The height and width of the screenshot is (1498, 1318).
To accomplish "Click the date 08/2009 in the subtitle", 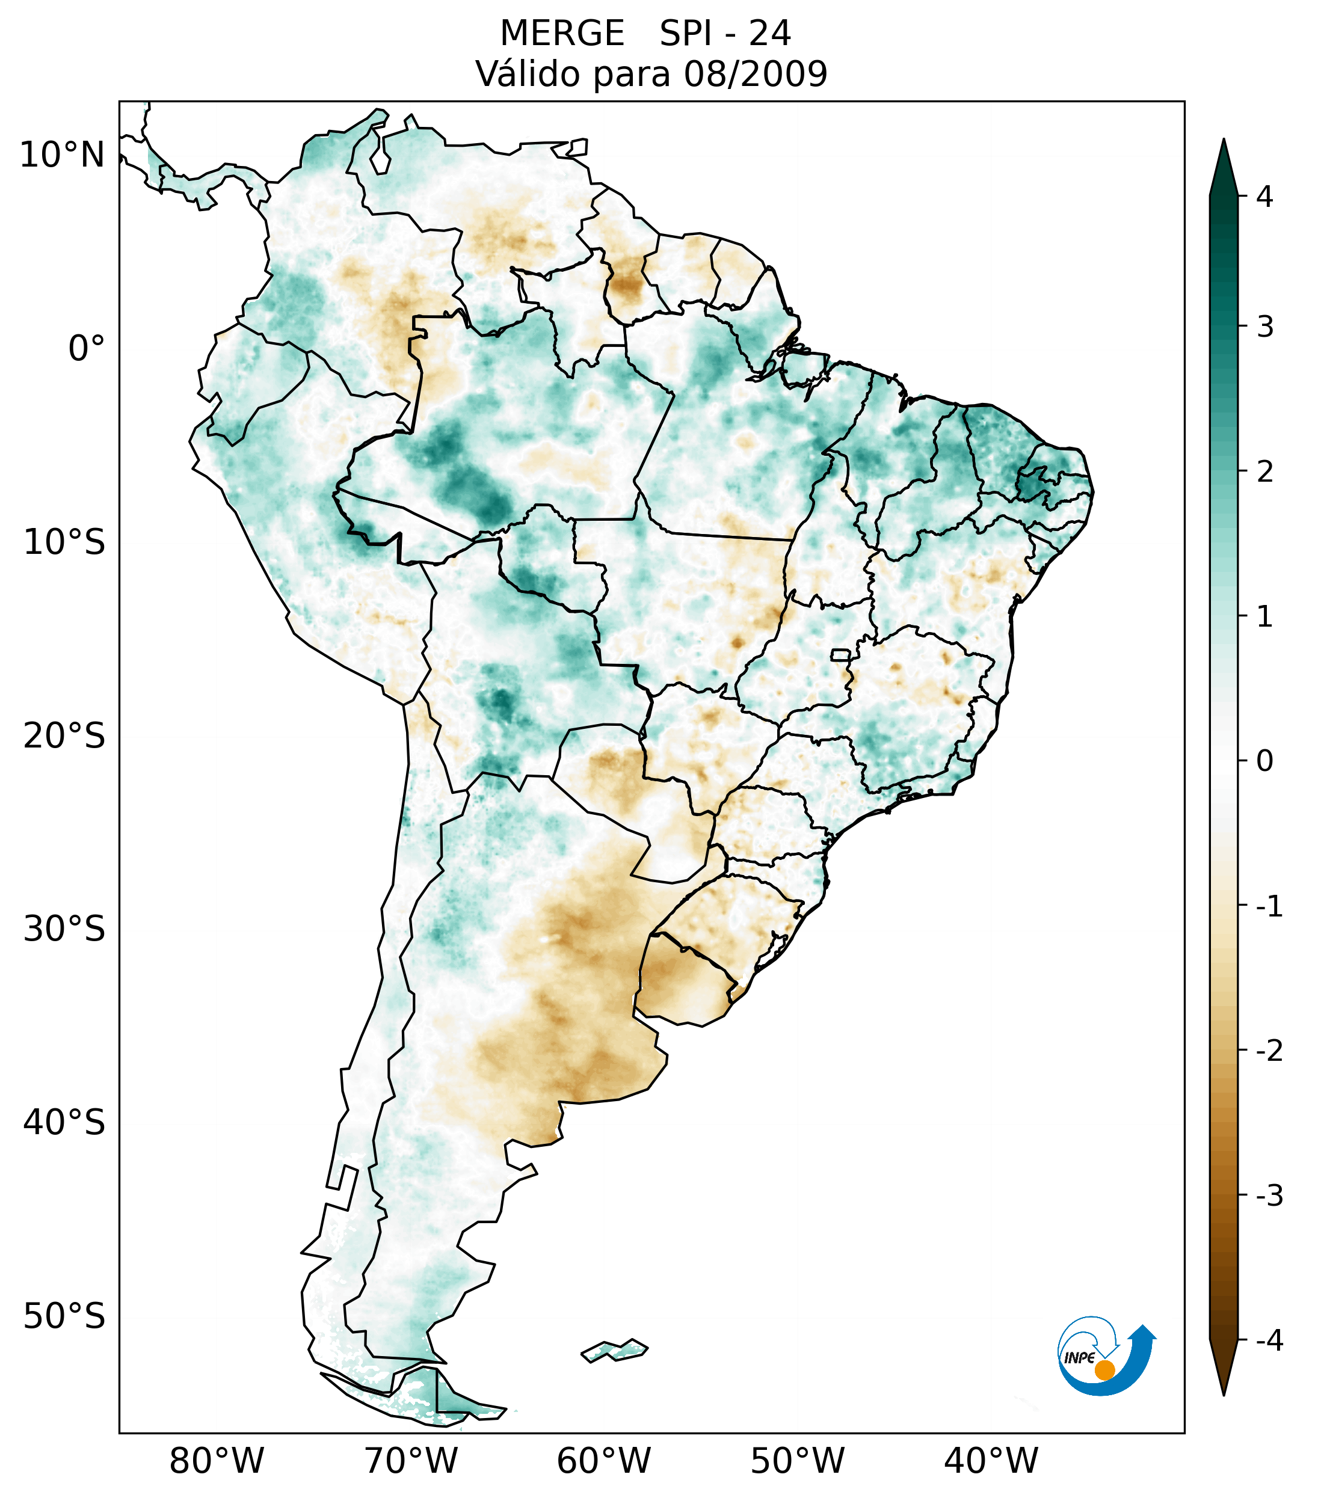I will click(755, 74).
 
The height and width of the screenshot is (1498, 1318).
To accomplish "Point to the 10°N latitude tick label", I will click(63, 155).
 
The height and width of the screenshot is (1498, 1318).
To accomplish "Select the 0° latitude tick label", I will click(87, 349).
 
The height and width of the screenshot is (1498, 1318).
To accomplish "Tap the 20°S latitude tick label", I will click(64, 736).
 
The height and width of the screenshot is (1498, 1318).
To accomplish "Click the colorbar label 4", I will click(1264, 197).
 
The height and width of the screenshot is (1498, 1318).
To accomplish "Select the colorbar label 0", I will click(1264, 761).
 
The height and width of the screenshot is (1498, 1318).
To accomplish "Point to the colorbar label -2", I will click(1269, 1051).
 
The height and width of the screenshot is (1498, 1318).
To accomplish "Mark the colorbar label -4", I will click(1269, 1341).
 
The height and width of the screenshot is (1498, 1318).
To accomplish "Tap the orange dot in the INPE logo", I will click(1104, 1370).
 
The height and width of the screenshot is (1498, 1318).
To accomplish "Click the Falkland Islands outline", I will click(614, 1350).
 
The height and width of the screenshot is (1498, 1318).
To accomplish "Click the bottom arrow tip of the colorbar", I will click(1224, 1394).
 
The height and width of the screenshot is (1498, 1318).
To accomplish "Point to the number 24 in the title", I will click(769, 34).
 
